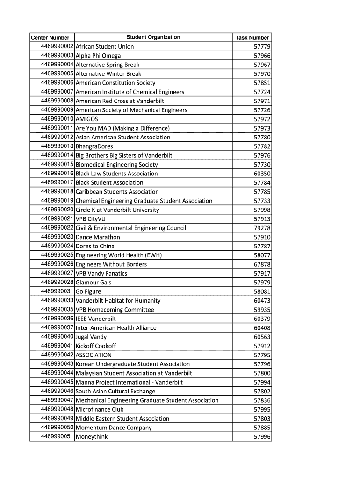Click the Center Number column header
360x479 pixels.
(x=50, y=37)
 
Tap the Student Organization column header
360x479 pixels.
(x=153, y=37)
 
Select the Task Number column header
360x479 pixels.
(x=252, y=37)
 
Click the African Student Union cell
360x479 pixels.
(x=105, y=46)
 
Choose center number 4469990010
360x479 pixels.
(x=57, y=119)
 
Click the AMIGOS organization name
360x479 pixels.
(x=87, y=119)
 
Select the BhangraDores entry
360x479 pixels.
(x=94, y=146)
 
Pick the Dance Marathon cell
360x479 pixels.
(x=98, y=237)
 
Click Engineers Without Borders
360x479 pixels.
(x=111, y=264)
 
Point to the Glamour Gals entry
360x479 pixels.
(x=94, y=283)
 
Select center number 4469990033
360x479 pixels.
(x=57, y=300)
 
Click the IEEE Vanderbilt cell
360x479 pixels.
(x=96, y=319)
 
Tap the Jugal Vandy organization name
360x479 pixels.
(x=91, y=337)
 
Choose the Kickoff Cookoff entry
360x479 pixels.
(x=96, y=346)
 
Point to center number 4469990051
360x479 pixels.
(x=57, y=437)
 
